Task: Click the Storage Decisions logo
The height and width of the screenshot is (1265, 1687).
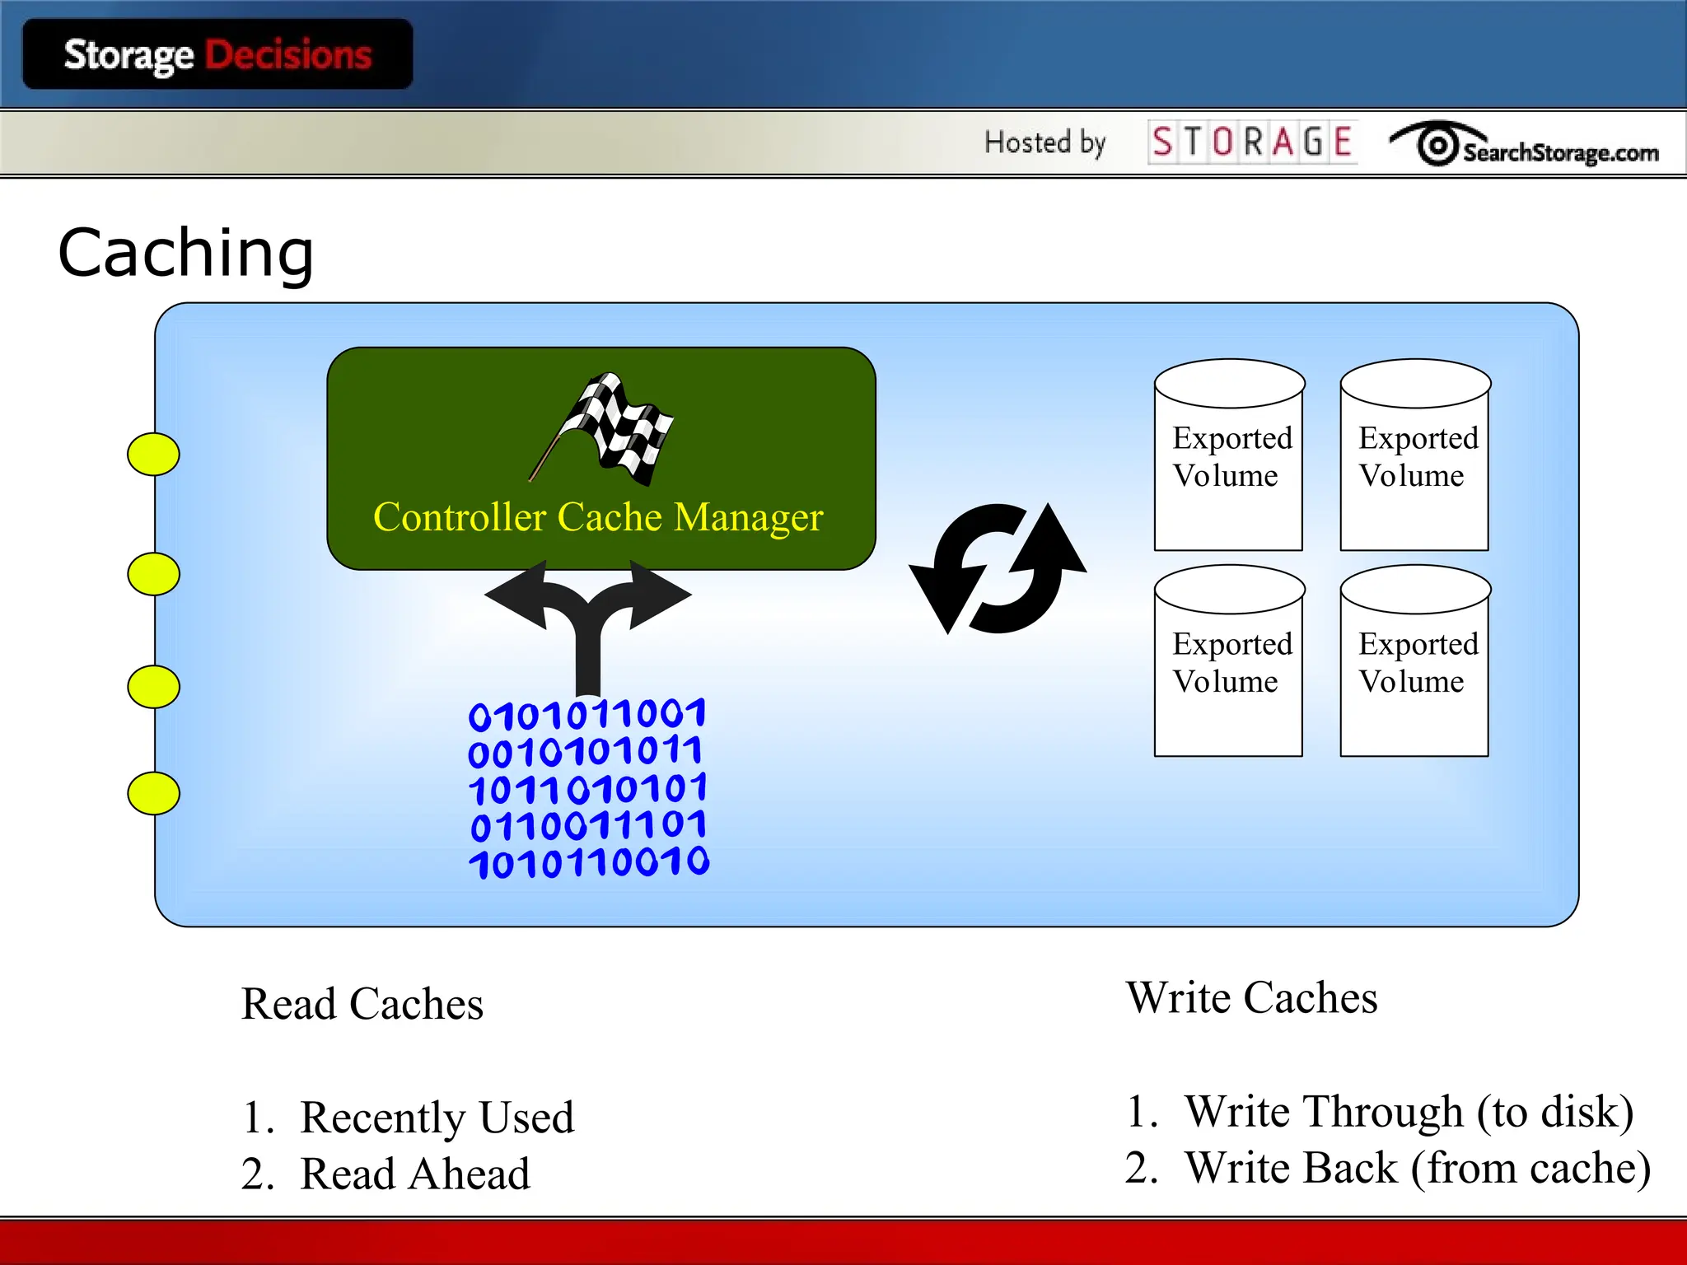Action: tap(217, 54)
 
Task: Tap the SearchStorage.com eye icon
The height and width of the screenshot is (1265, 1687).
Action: tap(1437, 146)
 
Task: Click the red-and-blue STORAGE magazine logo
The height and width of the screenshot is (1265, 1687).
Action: tap(1252, 142)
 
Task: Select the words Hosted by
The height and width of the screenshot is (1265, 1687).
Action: tap(1044, 142)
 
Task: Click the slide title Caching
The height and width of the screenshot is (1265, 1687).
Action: tap(186, 253)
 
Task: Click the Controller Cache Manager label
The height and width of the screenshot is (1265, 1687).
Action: tap(598, 517)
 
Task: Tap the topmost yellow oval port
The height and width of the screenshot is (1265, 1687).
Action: tap(153, 454)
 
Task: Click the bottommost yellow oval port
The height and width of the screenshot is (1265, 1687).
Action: tap(153, 793)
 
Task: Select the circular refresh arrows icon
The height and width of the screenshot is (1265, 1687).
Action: tap(998, 568)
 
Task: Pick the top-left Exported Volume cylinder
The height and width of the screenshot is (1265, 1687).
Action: tap(1229, 455)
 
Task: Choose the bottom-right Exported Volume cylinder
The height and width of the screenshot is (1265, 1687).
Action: tap(1415, 661)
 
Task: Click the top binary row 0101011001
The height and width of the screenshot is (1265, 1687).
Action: tap(587, 714)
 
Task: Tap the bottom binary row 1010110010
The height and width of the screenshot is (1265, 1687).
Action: tap(589, 862)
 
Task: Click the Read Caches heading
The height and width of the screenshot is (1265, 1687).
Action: tap(362, 1004)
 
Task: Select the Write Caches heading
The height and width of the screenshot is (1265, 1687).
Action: tap(1251, 997)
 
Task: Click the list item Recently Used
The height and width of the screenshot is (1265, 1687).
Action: tap(437, 1118)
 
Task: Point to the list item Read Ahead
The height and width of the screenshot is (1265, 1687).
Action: tap(415, 1174)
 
